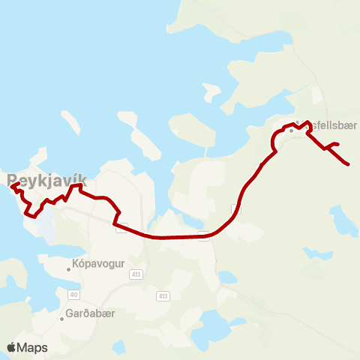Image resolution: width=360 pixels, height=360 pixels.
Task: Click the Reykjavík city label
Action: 47,181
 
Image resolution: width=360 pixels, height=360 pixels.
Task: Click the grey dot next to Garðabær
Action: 61,318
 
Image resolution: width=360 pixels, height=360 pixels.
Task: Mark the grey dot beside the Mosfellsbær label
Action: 292,130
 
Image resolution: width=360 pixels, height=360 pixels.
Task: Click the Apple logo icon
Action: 12,347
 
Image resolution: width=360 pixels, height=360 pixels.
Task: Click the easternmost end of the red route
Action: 349,163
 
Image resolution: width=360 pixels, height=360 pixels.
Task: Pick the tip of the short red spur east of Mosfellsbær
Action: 339,143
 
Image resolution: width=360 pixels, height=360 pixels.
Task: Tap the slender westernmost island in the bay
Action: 70,122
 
